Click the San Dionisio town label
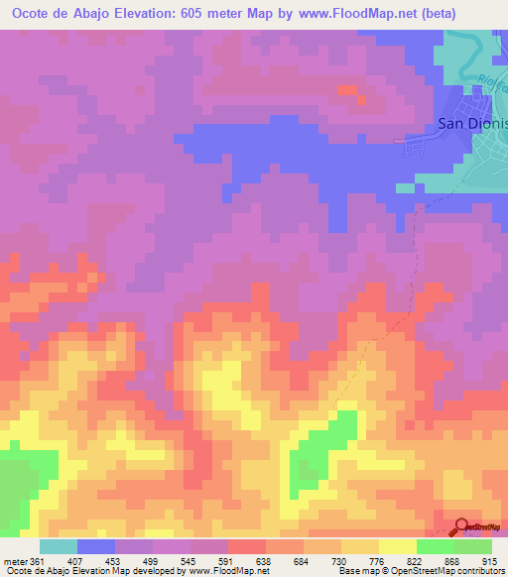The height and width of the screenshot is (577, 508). pos(472,124)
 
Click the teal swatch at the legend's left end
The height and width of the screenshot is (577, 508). pos(59,546)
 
